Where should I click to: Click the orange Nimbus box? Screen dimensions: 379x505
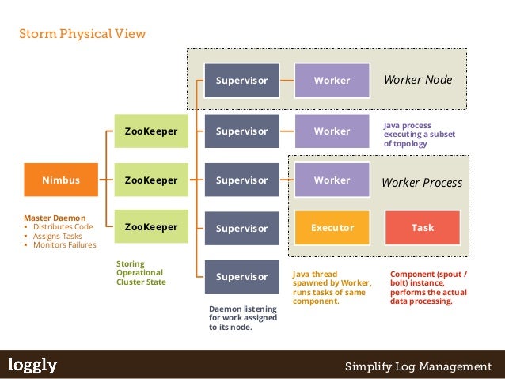tap(60, 180)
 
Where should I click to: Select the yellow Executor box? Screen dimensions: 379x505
tap(332, 227)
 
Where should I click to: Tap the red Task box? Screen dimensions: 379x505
tap(423, 227)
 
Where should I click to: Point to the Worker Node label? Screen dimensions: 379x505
tap(417, 80)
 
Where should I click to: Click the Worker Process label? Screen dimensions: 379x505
tap(422, 183)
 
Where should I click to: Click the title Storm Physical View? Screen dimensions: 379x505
tap(82, 34)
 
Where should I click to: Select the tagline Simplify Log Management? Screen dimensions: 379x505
tap(418, 366)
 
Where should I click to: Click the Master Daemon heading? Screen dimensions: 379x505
tap(55, 217)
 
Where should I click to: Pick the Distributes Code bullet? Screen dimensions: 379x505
tap(63, 226)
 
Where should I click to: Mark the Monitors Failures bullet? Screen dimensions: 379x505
tap(64, 245)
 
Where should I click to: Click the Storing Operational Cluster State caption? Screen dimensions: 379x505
tap(141, 272)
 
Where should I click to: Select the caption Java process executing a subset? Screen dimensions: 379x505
tap(419, 135)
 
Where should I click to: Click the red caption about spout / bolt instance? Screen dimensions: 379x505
tap(428, 287)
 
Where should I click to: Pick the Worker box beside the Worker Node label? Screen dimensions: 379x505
tap(332, 80)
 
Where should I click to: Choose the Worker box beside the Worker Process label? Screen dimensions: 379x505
tap(332, 180)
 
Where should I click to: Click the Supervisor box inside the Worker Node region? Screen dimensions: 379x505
tap(241, 80)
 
